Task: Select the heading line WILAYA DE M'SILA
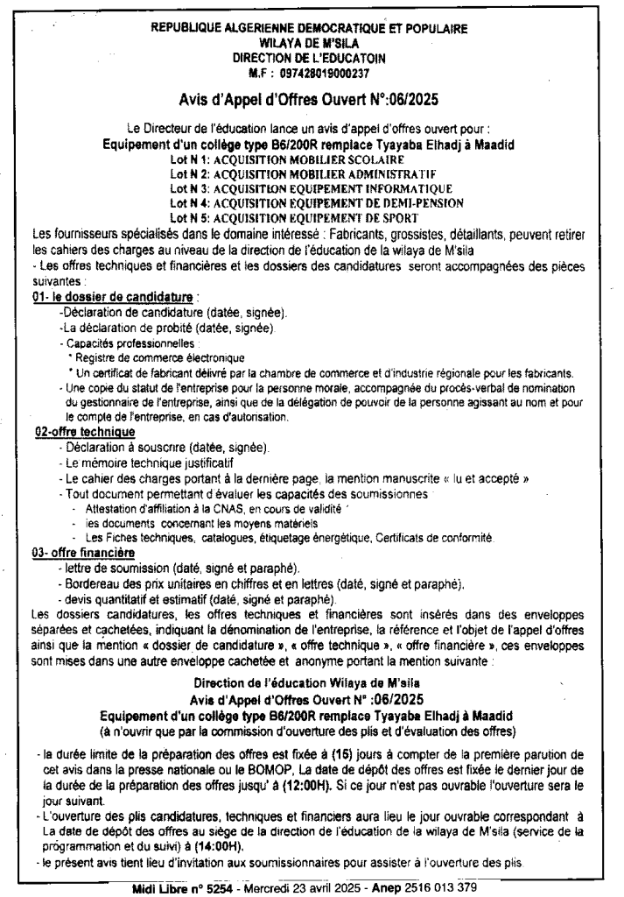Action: point(311,42)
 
